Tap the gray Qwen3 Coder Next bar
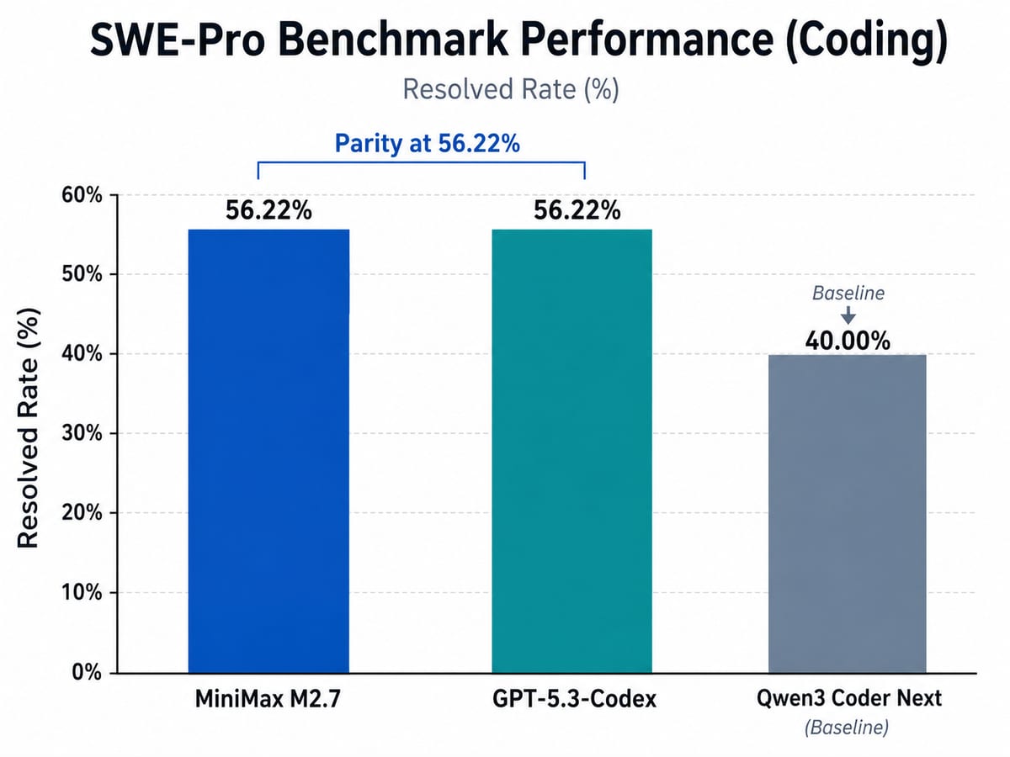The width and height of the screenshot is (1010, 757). pos(848,513)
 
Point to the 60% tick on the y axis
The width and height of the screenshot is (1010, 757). pos(82,196)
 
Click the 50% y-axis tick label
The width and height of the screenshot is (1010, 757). pos(82,275)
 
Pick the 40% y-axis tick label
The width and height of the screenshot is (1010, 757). pos(82,355)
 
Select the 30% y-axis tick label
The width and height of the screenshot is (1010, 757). pos(82,434)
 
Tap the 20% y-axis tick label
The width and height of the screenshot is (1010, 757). pos(82,513)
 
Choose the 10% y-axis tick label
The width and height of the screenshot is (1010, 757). pos(82,593)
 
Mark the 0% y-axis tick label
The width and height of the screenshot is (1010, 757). pos(88,673)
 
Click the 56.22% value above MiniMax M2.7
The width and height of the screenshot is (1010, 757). pos(268,210)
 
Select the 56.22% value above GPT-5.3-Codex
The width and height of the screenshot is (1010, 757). pos(577,210)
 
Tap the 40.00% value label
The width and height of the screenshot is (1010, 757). pos(848,341)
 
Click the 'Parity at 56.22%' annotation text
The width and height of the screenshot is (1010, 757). pos(427,143)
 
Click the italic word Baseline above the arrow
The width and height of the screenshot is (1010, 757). pos(848,294)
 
